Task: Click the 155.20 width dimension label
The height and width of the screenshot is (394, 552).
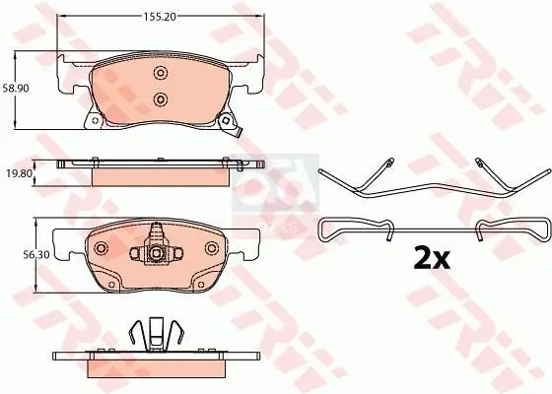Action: pos(164,18)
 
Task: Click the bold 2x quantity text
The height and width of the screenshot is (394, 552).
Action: pos(430,259)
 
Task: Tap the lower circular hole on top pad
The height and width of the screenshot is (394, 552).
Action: pos(161,98)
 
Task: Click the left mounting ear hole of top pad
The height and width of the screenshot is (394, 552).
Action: pos(94,122)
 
